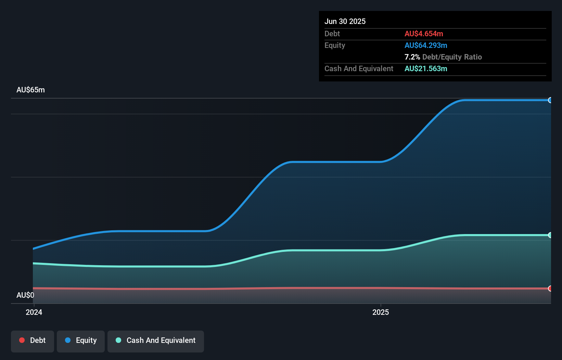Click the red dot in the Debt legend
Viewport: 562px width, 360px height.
coord(22,340)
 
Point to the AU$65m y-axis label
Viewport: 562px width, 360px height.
coord(30,90)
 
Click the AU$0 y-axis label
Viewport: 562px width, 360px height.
coord(25,295)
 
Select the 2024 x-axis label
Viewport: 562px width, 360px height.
coord(34,312)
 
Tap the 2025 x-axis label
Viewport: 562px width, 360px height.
coord(381,312)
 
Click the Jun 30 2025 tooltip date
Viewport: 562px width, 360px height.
coord(345,21)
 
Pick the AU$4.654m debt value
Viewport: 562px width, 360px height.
coord(424,34)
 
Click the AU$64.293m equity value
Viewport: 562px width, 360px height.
coord(426,45)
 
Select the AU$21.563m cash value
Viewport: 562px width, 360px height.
coord(426,68)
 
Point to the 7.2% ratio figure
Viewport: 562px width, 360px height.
coord(412,57)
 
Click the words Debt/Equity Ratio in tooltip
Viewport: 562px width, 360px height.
coord(452,57)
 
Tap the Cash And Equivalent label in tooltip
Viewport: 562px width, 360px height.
coord(359,68)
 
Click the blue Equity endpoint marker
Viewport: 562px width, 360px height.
coord(550,100)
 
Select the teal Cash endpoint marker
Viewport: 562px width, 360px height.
coord(550,235)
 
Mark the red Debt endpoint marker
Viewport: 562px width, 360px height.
coord(550,288)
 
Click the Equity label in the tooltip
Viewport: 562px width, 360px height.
coord(335,45)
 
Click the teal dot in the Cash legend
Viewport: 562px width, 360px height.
coord(118,340)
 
